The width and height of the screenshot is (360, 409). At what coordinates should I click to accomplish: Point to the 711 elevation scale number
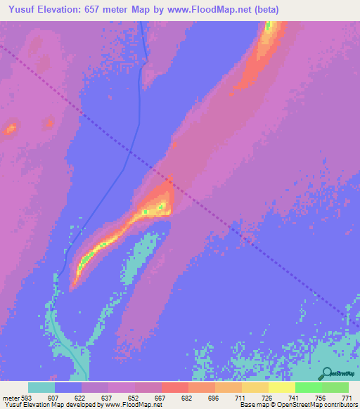pos(240,398)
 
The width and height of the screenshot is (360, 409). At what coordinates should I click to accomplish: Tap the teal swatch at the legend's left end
pos(41,387)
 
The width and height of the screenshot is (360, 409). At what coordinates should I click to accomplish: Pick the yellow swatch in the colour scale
pos(281,387)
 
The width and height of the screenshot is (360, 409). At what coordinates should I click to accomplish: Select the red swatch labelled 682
pos(174,387)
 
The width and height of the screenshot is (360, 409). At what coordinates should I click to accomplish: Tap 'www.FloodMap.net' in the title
pos(210,10)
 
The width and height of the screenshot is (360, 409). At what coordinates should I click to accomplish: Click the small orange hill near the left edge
pos(10,129)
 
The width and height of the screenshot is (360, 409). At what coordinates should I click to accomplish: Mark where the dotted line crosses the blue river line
pos(129,150)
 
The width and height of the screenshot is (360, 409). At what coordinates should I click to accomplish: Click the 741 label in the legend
pos(293,398)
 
